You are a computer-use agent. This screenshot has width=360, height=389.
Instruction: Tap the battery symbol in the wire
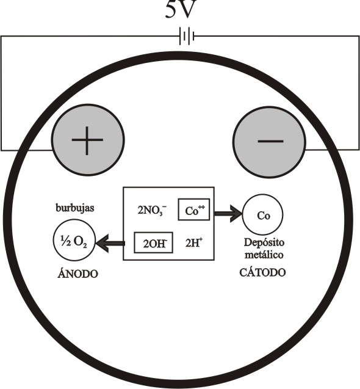click(x=187, y=37)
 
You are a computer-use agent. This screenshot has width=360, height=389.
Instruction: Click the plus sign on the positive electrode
click(x=87, y=140)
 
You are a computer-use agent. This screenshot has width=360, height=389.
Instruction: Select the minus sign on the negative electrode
click(x=270, y=142)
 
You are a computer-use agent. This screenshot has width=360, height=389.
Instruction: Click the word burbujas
click(x=75, y=208)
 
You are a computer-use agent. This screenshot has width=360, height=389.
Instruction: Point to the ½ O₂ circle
click(x=74, y=240)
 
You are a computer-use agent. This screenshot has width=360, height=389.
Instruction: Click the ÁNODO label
click(x=77, y=274)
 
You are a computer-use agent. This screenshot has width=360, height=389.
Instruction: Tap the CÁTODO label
click(x=262, y=272)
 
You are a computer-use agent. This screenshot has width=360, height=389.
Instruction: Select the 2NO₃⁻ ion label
click(x=152, y=211)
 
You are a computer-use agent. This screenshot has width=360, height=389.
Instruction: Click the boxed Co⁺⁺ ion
click(x=194, y=209)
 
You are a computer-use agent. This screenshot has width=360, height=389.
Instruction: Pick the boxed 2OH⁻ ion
click(x=154, y=242)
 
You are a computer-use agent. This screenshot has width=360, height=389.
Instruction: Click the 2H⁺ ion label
click(x=194, y=243)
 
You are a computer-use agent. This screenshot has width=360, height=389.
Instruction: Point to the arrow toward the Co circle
click(x=228, y=214)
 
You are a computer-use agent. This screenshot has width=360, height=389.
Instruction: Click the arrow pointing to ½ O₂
click(x=110, y=243)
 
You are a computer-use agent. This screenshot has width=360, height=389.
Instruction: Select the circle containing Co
click(x=262, y=214)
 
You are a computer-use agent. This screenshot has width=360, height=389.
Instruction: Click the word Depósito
click(x=264, y=242)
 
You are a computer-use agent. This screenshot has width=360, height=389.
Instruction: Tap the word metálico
click(x=264, y=255)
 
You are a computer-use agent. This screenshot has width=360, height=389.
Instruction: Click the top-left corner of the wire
click(x=1, y=37)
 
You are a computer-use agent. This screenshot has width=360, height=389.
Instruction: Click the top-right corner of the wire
click(x=359, y=37)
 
